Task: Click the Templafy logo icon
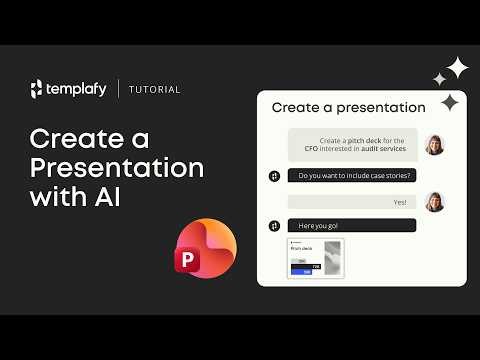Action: click(37, 89)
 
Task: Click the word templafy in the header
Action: click(77, 89)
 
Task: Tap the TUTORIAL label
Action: click(154, 90)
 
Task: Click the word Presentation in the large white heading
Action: click(116, 167)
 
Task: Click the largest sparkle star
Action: click(458, 68)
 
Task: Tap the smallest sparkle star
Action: click(439, 79)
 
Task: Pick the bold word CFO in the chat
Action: click(312, 149)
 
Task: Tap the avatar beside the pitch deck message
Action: click(434, 144)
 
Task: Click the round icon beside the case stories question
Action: click(274, 176)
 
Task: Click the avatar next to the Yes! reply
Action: click(434, 203)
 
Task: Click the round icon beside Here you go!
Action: click(274, 226)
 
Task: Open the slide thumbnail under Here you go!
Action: click(316, 257)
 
